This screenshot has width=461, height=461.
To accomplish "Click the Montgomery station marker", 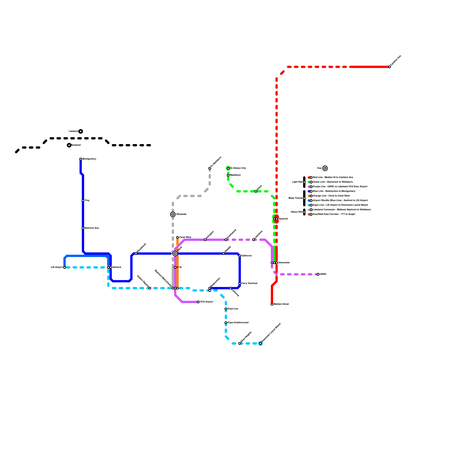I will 81,159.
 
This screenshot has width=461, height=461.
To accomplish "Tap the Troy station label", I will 87,201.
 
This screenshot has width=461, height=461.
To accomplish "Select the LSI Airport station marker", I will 65,267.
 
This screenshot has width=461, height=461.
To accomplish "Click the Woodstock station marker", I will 136,254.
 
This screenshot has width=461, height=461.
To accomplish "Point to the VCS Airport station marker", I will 198,302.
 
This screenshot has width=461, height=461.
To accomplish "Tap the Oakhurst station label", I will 247,256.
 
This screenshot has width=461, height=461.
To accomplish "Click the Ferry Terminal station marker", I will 240,284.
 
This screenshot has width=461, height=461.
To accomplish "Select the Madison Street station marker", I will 272,304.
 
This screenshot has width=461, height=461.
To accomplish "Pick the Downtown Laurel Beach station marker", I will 260,343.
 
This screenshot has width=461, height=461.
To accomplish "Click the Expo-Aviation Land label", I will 238,323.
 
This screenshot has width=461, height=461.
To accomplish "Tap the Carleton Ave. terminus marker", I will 390,67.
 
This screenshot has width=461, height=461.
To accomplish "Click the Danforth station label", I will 283,219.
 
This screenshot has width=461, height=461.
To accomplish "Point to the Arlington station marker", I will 205,240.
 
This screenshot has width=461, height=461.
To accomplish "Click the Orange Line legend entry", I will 331,196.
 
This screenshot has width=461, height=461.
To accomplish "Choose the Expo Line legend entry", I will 340,205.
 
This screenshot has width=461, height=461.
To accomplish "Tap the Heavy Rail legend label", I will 296,212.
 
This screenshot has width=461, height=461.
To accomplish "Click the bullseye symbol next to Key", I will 325,168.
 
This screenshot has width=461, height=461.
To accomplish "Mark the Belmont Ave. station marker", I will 83,228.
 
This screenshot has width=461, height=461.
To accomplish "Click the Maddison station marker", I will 228,175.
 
